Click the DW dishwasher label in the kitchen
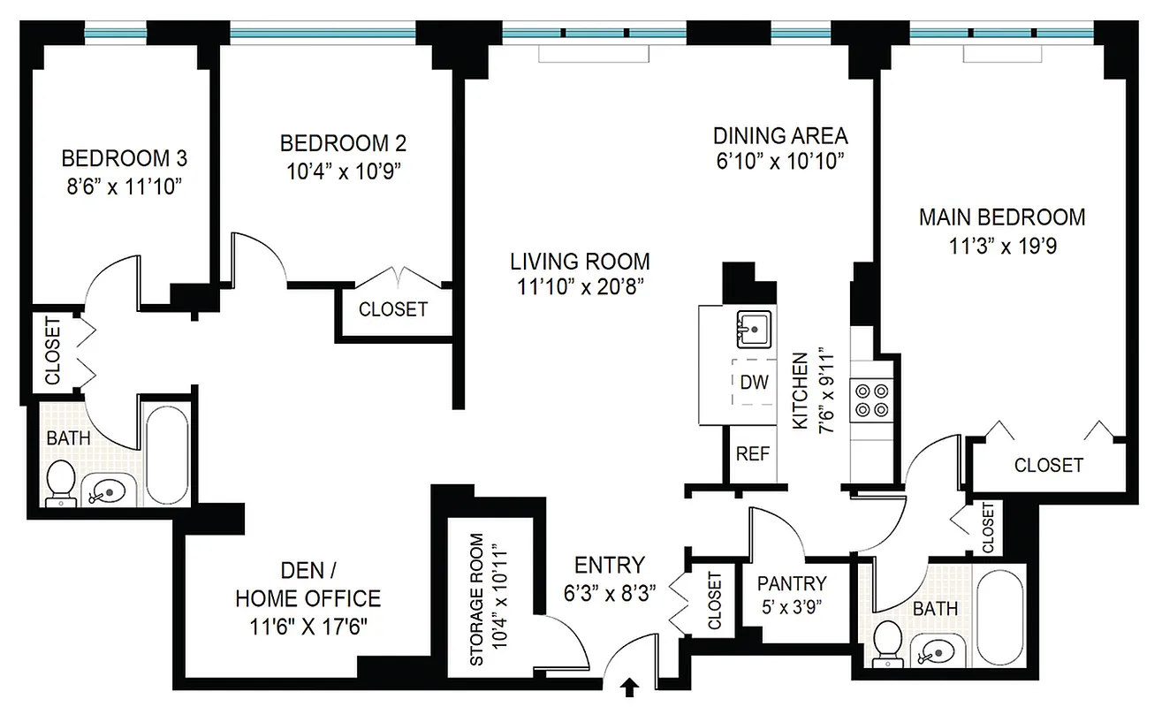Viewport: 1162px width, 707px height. pos(754,383)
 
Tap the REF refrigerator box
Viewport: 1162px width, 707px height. pos(753,454)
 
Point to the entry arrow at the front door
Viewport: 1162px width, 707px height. pos(631,688)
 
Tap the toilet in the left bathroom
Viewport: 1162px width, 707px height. pos(61,481)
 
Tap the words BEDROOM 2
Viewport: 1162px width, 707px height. pos(343,143)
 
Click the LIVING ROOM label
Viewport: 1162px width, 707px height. pos(580,262)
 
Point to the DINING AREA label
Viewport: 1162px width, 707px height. pos(780,136)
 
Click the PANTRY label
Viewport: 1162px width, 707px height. pos(792,583)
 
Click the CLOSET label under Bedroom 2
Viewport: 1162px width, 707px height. pos(392,309)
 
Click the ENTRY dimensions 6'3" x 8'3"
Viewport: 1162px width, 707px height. pos(609,593)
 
